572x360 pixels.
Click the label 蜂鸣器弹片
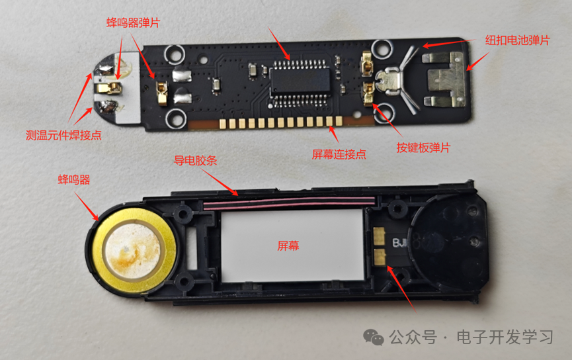pos(133,22)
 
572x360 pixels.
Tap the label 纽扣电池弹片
pos(518,40)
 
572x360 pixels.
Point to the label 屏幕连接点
pos(339,155)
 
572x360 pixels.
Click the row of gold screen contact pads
pos(280,122)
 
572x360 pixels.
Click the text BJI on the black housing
pos(400,243)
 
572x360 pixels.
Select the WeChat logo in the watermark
pos(374,337)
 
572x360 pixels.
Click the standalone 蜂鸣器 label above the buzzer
pos(74,179)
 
